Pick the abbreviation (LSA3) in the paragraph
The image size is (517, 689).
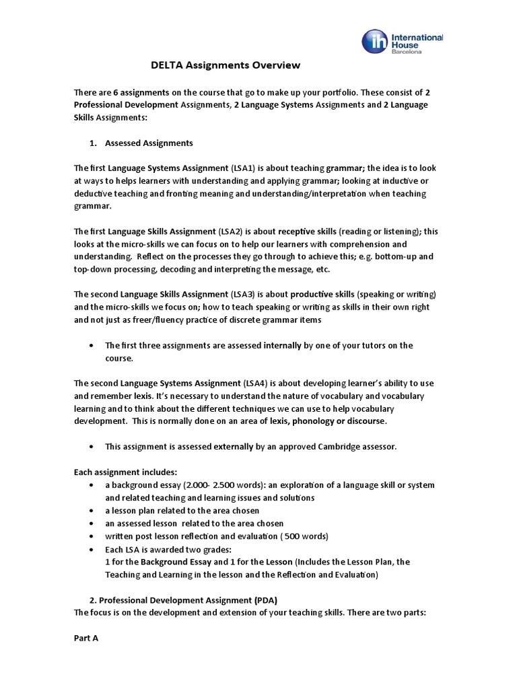point(243,294)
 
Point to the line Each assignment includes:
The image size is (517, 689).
point(125,472)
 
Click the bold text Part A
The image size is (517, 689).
point(86,638)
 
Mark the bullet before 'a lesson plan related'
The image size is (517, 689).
point(91,511)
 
